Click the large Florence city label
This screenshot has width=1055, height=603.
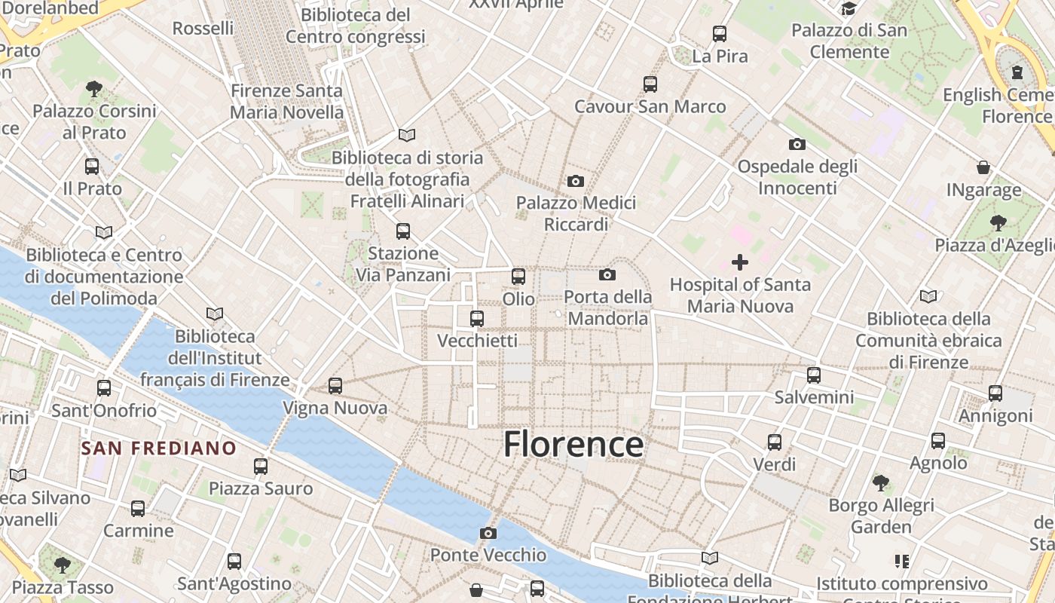coord(573,444)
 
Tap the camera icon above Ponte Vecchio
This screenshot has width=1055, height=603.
coord(488,533)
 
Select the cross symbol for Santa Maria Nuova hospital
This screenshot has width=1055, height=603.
coord(740,262)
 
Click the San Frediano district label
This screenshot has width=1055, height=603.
coord(158,448)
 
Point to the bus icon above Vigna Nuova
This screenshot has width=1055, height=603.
coord(335,386)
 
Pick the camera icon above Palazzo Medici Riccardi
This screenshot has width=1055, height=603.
coord(576,181)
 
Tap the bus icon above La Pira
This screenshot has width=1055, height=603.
coord(720,34)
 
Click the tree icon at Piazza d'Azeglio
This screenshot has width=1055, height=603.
coord(998,222)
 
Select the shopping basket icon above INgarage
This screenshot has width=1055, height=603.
coord(983,167)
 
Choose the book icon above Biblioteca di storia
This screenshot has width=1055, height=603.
coord(407,135)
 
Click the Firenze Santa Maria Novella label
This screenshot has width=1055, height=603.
coord(286,102)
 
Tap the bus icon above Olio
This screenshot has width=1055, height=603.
coord(518,277)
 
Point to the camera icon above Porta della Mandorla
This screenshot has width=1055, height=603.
coord(607,274)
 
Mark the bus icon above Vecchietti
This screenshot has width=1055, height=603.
coord(477,319)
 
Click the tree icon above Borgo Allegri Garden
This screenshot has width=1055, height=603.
coord(880,482)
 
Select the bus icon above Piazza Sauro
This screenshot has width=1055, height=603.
coord(261,467)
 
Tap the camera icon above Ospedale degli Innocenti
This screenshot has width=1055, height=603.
coord(797,144)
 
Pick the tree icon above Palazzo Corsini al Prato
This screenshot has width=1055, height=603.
coord(94,89)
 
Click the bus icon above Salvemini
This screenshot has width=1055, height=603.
coord(814,375)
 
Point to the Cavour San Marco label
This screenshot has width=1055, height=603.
coord(650,106)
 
